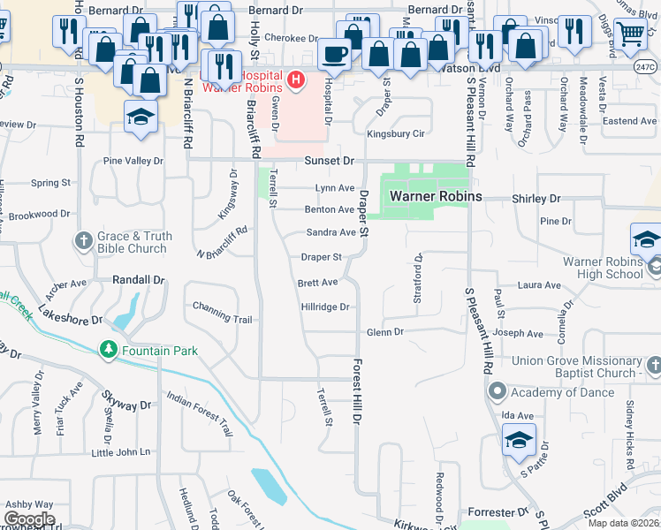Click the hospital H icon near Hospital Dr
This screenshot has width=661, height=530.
point(296,81)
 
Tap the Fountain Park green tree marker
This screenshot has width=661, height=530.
point(108,351)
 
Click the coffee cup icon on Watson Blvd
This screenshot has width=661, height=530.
point(334,55)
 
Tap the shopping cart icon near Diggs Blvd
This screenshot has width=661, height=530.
point(629,34)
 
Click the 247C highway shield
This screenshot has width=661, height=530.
point(645,66)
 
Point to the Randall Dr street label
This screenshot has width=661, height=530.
point(139,279)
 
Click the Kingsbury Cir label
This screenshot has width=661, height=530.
point(396,134)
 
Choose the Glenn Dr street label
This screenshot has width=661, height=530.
point(385,332)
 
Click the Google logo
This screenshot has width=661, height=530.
point(29,519)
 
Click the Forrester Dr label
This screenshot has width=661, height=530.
point(497,512)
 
